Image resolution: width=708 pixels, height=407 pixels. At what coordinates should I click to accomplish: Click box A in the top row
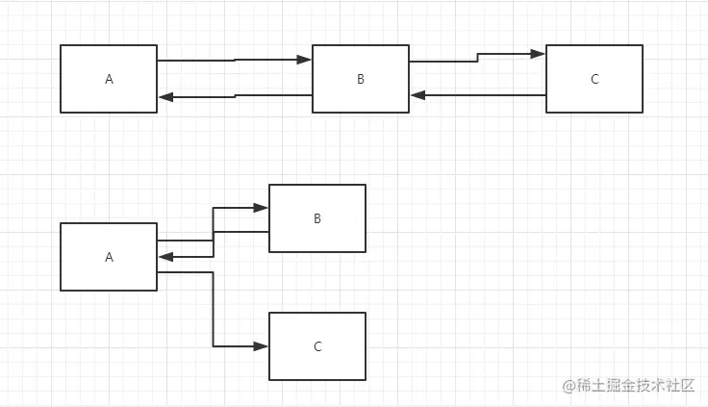[x=109, y=79]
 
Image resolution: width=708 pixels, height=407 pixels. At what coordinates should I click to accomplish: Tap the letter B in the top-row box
[x=361, y=80]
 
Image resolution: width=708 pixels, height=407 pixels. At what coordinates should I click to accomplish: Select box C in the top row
[x=594, y=79]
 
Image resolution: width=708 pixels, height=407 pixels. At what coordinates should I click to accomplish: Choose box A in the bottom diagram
[x=109, y=257]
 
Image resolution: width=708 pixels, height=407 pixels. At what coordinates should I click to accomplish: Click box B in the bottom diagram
[x=317, y=218]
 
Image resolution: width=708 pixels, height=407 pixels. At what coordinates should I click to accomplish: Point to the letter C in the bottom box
[x=317, y=347]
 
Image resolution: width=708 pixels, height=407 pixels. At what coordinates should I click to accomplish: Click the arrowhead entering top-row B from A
[x=305, y=60]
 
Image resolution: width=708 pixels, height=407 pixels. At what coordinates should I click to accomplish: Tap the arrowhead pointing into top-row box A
[x=165, y=96]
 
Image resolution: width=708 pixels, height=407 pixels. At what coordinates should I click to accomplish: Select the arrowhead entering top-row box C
[x=539, y=54]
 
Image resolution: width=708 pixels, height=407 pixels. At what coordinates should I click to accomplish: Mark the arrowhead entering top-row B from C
[x=417, y=95]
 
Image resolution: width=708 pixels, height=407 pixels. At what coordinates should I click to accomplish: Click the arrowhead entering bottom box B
[x=262, y=208]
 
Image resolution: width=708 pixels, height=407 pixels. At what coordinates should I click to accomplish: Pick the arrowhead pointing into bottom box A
[x=165, y=257]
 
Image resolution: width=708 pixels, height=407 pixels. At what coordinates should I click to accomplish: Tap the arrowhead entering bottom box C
[x=262, y=346]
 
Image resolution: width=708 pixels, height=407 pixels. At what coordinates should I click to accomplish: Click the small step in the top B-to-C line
[x=478, y=58]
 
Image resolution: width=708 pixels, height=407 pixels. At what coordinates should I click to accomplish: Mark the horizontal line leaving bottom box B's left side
[x=240, y=232]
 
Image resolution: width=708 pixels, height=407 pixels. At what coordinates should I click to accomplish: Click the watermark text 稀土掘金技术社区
[x=630, y=385]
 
